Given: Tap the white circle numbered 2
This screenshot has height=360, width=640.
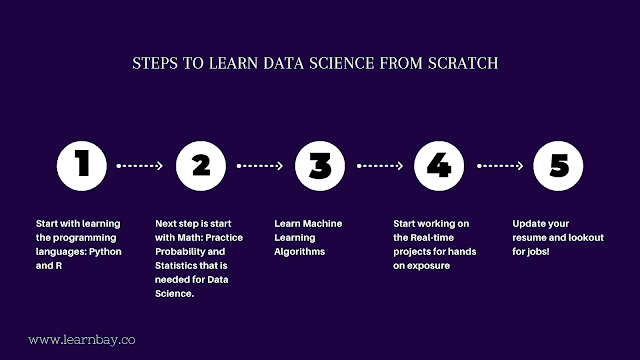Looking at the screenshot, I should point(202,166).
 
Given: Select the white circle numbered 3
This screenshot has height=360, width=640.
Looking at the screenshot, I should point(321,166).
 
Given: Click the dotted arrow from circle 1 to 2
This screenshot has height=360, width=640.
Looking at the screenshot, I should point(141,166).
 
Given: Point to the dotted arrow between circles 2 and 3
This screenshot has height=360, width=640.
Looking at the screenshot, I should point(261,166).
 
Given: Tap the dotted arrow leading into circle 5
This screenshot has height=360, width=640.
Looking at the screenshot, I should point(499,166).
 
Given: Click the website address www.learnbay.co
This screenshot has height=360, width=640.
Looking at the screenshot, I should point(82,340).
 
